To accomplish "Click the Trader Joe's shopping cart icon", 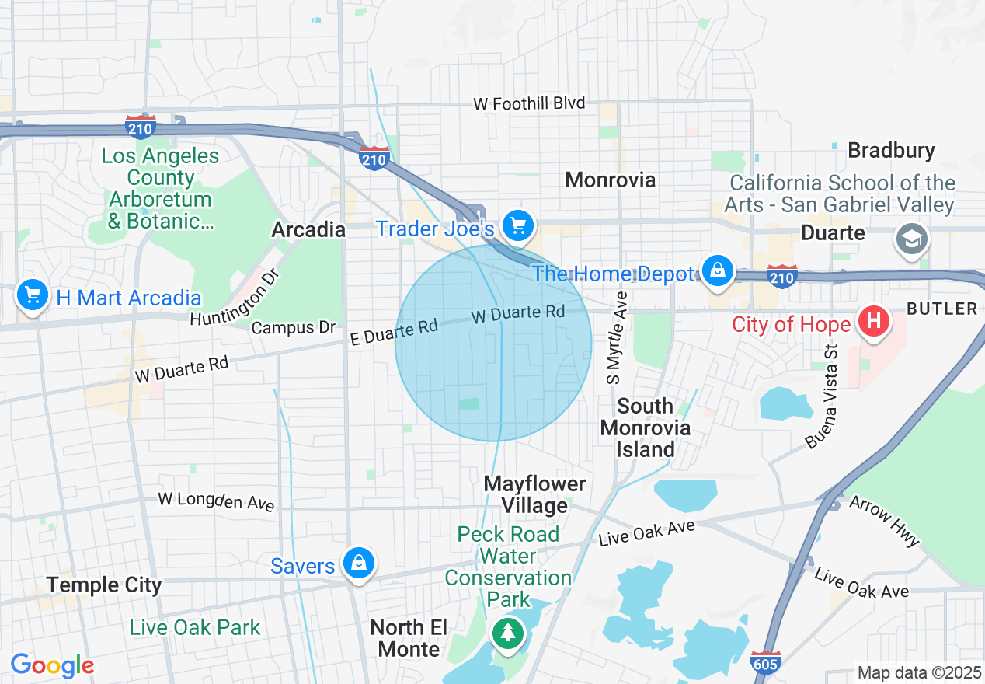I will click(518, 226).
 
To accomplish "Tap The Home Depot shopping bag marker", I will click(718, 271).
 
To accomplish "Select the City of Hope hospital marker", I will click(873, 321).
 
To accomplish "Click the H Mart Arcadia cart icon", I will click(33, 295).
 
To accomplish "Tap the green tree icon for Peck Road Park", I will click(508, 633).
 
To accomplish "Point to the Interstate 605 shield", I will click(766, 662).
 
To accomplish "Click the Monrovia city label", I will click(611, 180).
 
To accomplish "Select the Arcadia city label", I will click(308, 229).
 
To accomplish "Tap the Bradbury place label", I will click(891, 150).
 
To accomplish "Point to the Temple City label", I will click(104, 585).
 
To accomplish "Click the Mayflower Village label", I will click(534, 494).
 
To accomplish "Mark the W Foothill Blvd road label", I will click(529, 103).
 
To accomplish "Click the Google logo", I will click(52, 665).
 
